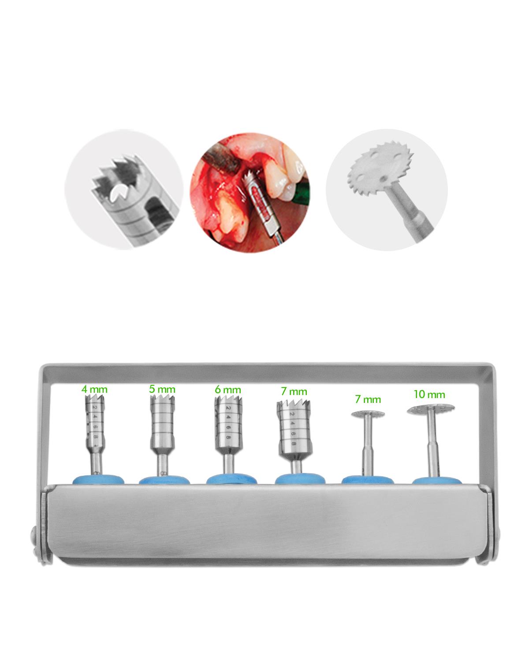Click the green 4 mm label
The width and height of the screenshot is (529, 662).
pyautogui.click(x=94, y=389)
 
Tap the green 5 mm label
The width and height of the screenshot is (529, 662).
pyautogui.click(x=162, y=389)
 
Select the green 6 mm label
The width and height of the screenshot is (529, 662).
pyautogui.click(x=227, y=390)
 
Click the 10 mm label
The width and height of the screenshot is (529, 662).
pyautogui.click(x=429, y=395)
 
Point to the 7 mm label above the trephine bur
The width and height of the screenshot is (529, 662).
pyautogui.click(x=294, y=391)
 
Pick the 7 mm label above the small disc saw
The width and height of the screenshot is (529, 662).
pyautogui.click(x=368, y=399)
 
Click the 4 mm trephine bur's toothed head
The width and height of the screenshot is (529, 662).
pyautogui.click(x=94, y=400)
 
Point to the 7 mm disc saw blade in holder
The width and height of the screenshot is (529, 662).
pyautogui.click(x=368, y=414)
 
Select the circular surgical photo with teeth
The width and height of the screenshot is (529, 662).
pyautogui.click(x=250, y=192)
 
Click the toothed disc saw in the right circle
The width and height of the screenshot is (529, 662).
pyautogui.click(x=380, y=171)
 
